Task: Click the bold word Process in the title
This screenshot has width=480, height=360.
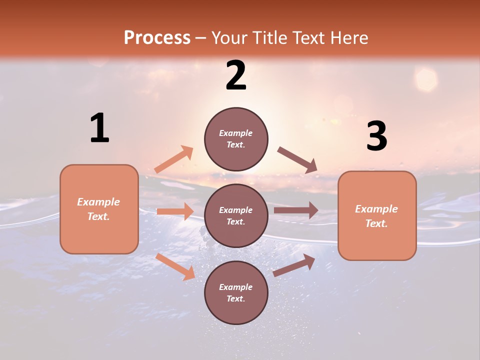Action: [x=157, y=38]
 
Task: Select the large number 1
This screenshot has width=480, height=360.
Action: [x=99, y=128]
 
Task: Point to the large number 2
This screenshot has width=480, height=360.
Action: [x=236, y=75]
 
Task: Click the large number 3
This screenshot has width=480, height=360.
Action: [x=377, y=136]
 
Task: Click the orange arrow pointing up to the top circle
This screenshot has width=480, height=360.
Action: [x=174, y=159]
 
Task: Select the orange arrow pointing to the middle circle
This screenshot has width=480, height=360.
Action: [x=175, y=211]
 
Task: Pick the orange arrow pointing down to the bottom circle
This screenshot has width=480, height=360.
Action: [x=175, y=266]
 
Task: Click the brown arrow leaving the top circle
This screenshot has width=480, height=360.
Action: [x=297, y=160]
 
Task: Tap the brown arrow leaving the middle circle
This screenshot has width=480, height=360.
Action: [x=296, y=210]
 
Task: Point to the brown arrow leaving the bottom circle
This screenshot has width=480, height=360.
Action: [x=294, y=265]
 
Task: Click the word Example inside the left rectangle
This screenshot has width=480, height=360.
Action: [x=98, y=202]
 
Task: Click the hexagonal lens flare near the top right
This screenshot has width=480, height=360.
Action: [x=426, y=80]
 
